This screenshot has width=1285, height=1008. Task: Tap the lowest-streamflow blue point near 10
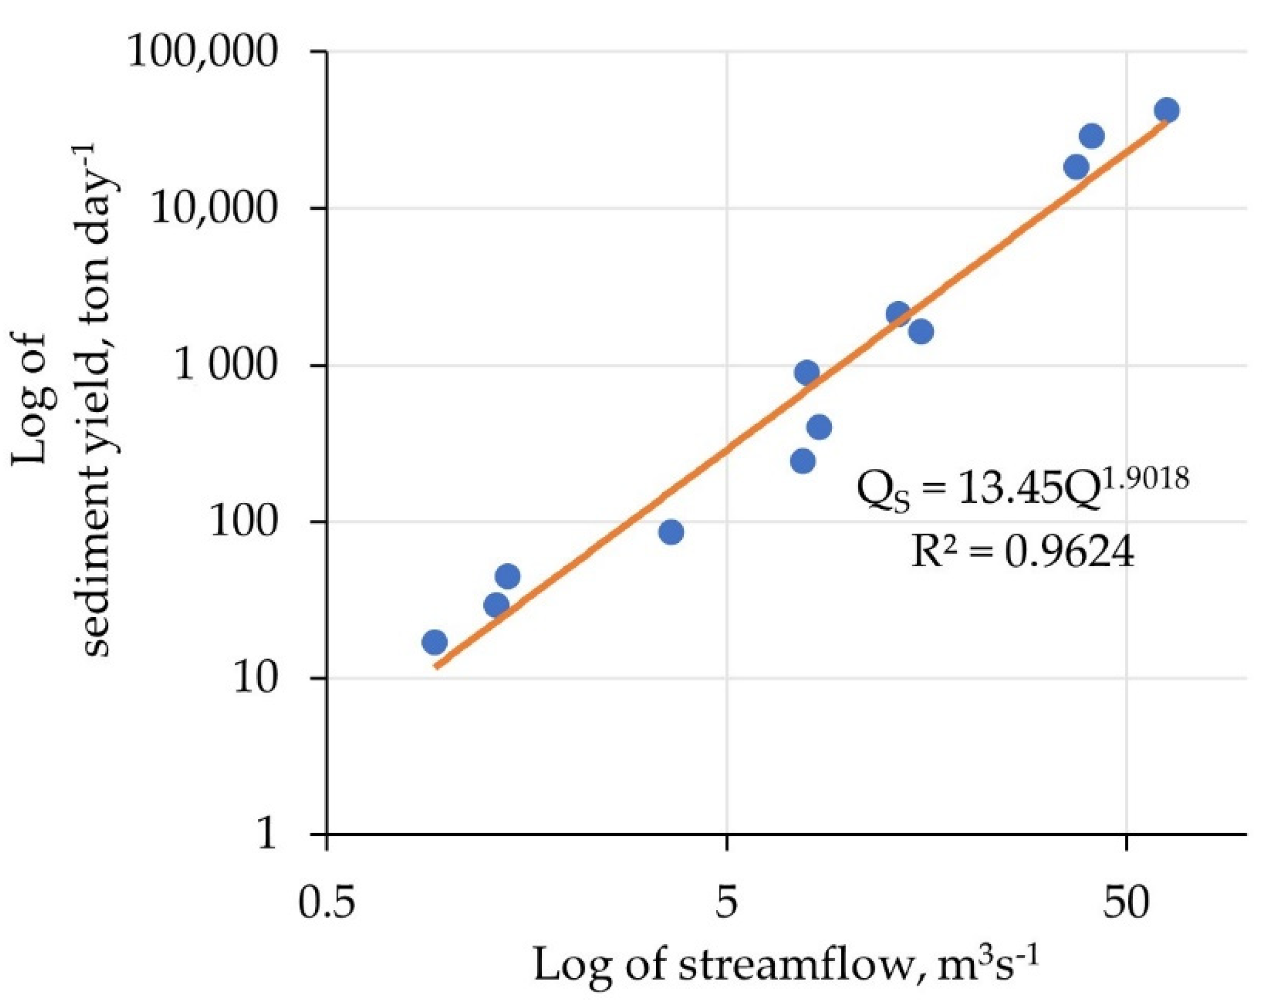[435, 642]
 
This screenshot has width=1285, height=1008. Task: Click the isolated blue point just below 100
[671, 532]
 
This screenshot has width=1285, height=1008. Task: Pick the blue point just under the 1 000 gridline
[807, 372]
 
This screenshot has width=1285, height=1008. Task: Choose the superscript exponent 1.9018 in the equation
[1144, 479]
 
